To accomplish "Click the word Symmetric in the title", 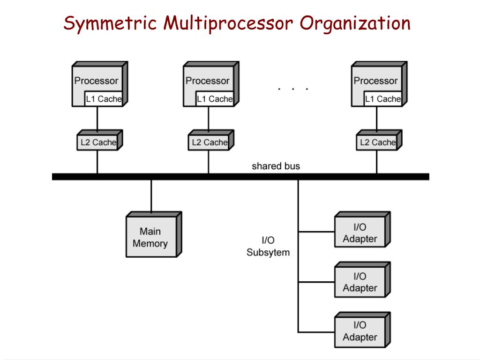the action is pos(110,23).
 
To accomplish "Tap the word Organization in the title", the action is pos(355,23).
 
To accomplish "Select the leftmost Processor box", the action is pos(100,84).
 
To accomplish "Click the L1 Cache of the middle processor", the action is pos(215,99).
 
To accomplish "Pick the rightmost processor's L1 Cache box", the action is pos(382,99).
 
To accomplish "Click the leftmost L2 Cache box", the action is pos(100,140).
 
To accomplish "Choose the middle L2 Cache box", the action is pos(211,140).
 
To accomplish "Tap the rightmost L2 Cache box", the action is pos(379,140).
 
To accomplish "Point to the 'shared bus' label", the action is pos(276,166).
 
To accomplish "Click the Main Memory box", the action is pos(154,234).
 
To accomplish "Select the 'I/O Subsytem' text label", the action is pos(268,246).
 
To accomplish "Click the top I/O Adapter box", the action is pos(362,229).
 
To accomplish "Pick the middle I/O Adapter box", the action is pos(362,279).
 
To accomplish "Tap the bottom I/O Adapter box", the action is pos(362,330).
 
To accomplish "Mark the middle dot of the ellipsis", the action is pos(293,89).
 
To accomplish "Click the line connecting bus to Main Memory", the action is pos(151,196).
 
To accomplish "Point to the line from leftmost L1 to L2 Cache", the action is pos(97,118).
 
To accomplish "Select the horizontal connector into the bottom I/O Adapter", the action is pos(316,332).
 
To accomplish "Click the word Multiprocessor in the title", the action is pos(228,23).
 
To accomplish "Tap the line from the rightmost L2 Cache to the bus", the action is pos(377,162).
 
